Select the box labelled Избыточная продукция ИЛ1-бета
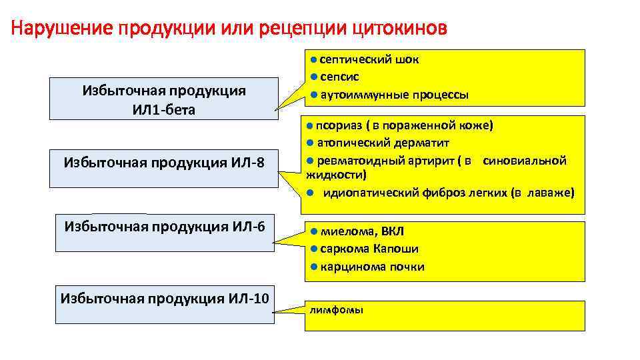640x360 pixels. pyautogui.click(x=164, y=99)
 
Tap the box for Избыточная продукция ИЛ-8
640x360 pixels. pyautogui.click(x=164, y=161)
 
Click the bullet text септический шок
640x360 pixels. pyautogui.click(x=369, y=59)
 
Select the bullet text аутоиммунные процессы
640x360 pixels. pyautogui.click(x=394, y=95)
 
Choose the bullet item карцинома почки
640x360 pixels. pyautogui.click(x=372, y=267)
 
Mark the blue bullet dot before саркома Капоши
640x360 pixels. pyautogui.click(x=313, y=249)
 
